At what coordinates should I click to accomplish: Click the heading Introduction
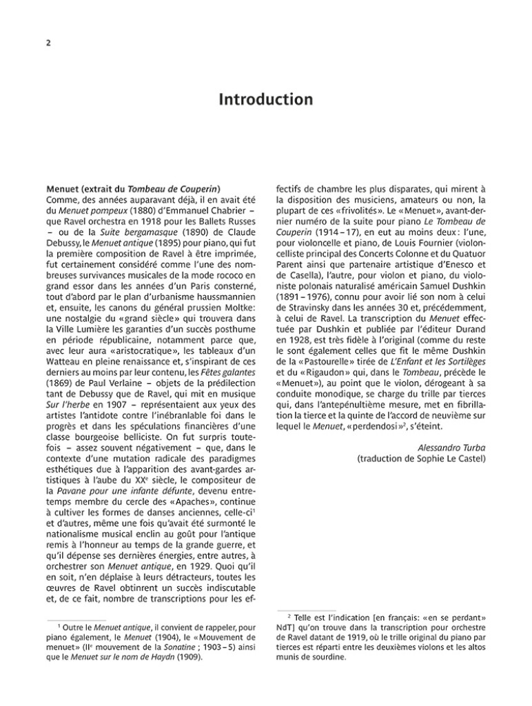(265, 100)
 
